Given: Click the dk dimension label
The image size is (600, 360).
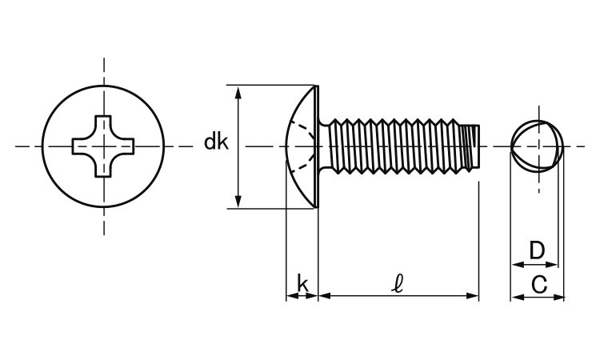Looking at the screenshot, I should coord(216,143).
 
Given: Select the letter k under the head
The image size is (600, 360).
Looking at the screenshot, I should coord(302,282).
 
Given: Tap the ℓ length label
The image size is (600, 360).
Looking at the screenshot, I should coord(398,282).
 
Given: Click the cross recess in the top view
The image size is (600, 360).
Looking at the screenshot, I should coord(103,146).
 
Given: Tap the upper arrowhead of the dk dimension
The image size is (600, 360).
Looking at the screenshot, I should coord(238,91).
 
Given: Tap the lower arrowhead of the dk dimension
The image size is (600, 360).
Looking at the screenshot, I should coord(238,202).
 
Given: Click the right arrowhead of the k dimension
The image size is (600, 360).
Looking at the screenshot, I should coord(314,296).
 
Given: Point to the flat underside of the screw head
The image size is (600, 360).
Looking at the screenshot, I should coord(319,146).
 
